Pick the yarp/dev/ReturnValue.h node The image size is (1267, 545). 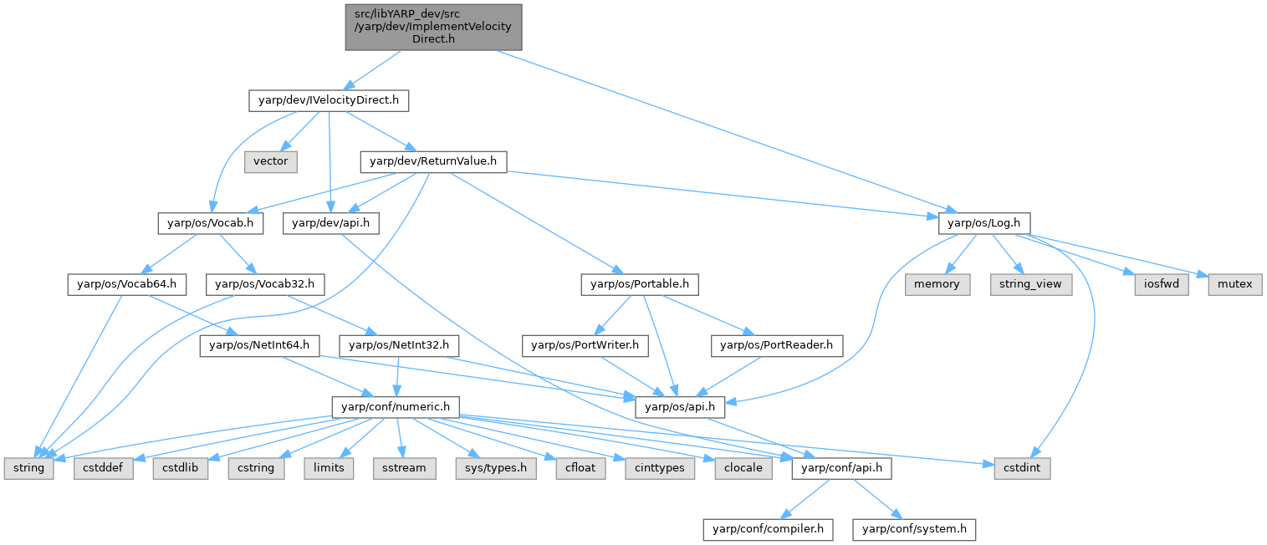432,162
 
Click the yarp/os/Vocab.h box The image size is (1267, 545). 211,223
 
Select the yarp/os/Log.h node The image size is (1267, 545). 984,223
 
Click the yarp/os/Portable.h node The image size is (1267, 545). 640,284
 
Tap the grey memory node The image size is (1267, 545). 937,284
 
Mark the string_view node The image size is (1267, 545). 1030,284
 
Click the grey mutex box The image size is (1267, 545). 1234,284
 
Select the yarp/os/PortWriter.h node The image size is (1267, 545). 581,344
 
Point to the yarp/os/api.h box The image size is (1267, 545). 680,406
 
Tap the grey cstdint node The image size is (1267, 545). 1021,467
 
